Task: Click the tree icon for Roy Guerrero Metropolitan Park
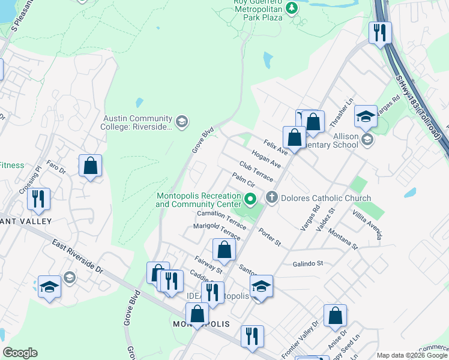pyautogui.click(x=292, y=8)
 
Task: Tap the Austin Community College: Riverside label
pyautogui.click(x=138, y=122)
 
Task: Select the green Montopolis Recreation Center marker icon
pyautogui.click(x=251, y=199)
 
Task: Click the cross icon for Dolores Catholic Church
pyautogui.click(x=272, y=198)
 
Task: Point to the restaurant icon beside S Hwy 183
pyautogui.click(x=379, y=33)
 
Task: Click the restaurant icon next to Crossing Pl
pyautogui.click(x=38, y=199)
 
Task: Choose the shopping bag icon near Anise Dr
pyautogui.click(x=335, y=316)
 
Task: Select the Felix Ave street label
pyautogui.click(x=276, y=146)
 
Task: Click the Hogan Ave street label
pyautogui.click(x=267, y=160)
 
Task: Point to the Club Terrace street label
pyautogui.click(x=256, y=172)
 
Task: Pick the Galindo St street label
pyautogui.click(x=308, y=263)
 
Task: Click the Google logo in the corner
pyautogui.click(x=20, y=353)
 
